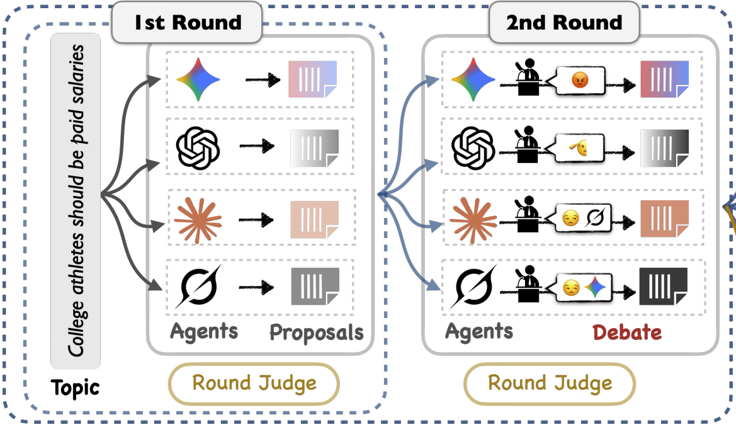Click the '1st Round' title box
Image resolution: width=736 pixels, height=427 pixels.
click(x=187, y=23)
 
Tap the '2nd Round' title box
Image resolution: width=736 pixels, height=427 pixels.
click(x=563, y=23)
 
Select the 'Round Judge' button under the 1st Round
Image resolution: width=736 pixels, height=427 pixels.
click(x=254, y=383)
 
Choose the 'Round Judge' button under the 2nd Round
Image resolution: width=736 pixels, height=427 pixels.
click(x=550, y=383)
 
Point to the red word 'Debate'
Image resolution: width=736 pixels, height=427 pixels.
click(x=627, y=332)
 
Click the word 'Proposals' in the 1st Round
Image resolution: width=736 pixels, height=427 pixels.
click(x=316, y=332)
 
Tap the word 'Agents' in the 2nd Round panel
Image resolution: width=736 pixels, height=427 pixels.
click(x=479, y=331)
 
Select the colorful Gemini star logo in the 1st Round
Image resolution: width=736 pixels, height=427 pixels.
click(x=198, y=79)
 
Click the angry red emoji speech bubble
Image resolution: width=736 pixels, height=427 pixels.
click(x=579, y=79)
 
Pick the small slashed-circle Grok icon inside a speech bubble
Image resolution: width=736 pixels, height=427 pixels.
click(x=594, y=218)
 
